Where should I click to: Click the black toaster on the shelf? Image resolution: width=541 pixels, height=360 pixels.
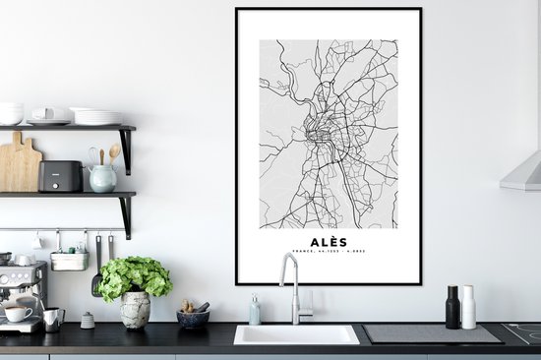(60, 176)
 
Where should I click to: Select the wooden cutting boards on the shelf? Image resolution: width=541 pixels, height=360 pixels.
(19, 165)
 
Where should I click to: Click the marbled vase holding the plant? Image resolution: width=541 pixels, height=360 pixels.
(135, 309)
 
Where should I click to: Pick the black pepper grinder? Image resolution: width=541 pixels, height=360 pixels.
(452, 307)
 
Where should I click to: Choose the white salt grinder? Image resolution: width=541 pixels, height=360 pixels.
(469, 307)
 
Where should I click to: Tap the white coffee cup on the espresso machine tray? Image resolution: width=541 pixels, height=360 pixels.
(17, 314)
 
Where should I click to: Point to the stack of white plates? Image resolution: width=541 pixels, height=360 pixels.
(97, 116)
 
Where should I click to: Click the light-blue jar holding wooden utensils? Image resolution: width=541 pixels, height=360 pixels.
(102, 177)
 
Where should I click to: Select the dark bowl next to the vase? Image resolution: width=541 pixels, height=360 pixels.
(192, 318)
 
